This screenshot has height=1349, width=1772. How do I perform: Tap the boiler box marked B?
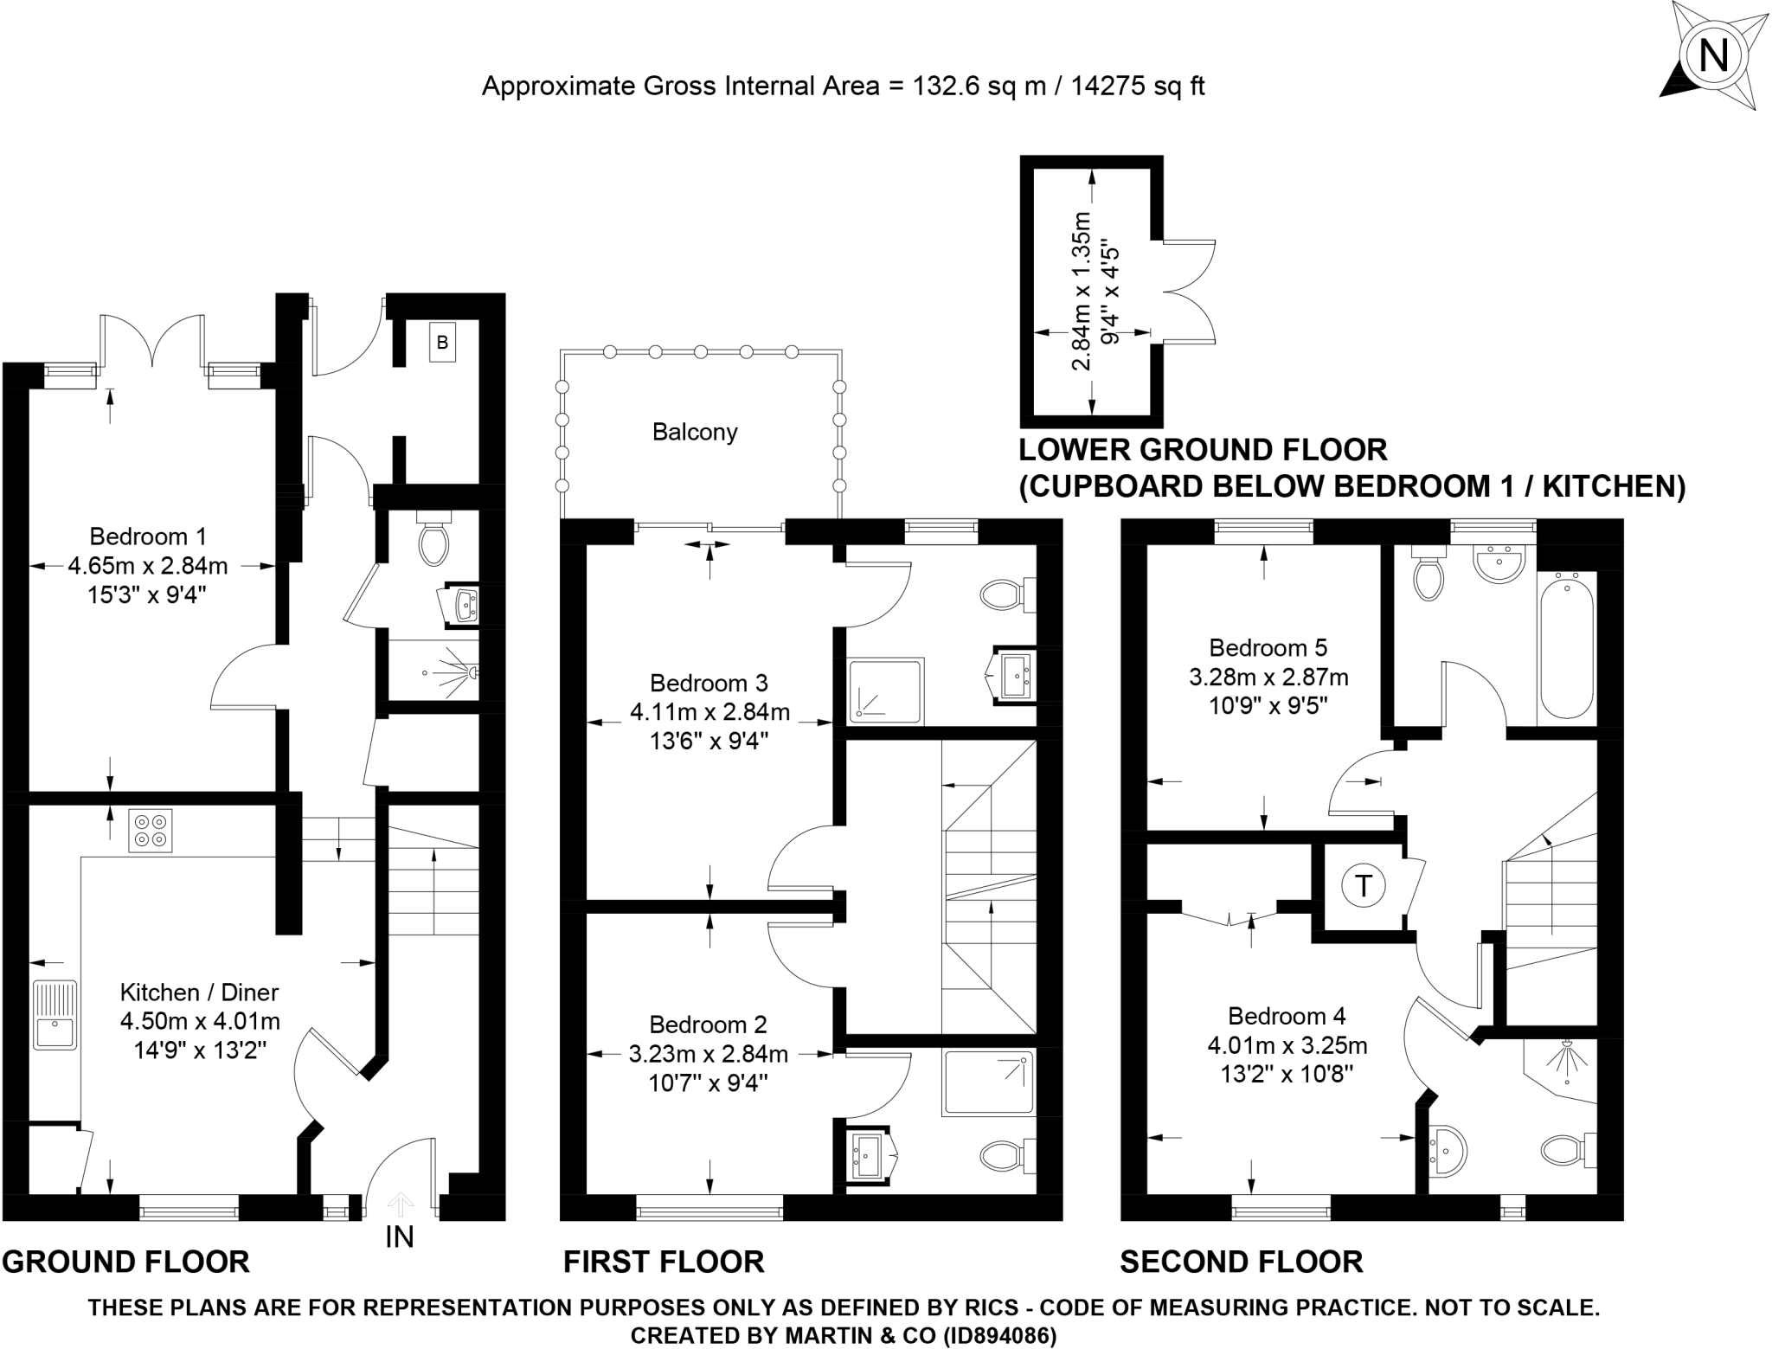click(x=442, y=343)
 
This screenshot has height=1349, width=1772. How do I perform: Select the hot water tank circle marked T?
click(x=1364, y=885)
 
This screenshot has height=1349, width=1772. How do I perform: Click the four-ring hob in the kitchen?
click(x=150, y=830)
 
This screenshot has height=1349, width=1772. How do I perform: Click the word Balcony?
click(x=695, y=432)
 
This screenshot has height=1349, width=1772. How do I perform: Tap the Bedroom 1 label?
click(x=148, y=536)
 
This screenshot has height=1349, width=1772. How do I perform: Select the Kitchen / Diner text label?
click(x=199, y=992)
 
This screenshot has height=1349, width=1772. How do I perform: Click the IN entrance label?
click(x=400, y=1237)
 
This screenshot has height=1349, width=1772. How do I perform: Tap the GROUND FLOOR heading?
click(x=126, y=1262)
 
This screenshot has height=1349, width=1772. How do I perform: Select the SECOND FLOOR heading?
click(x=1242, y=1262)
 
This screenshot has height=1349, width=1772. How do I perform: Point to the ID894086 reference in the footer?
click(x=996, y=1336)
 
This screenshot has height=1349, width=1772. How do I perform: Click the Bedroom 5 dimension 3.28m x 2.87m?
click(x=1268, y=677)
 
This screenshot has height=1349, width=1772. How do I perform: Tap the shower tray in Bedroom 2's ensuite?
click(x=989, y=1082)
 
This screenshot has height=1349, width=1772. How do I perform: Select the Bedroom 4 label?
click(x=1287, y=1016)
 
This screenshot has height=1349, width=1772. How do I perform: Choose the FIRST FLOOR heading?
click(x=664, y=1262)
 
